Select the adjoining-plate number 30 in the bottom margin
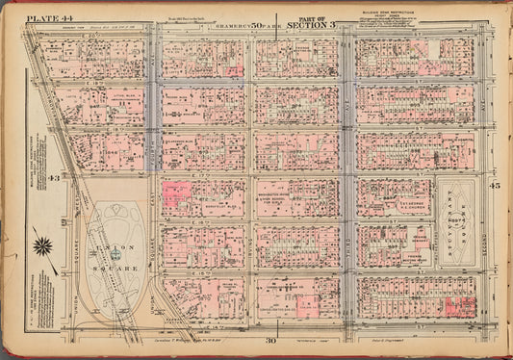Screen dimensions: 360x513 tap(271, 340)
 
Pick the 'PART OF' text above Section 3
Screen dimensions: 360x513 tap(312, 17)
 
